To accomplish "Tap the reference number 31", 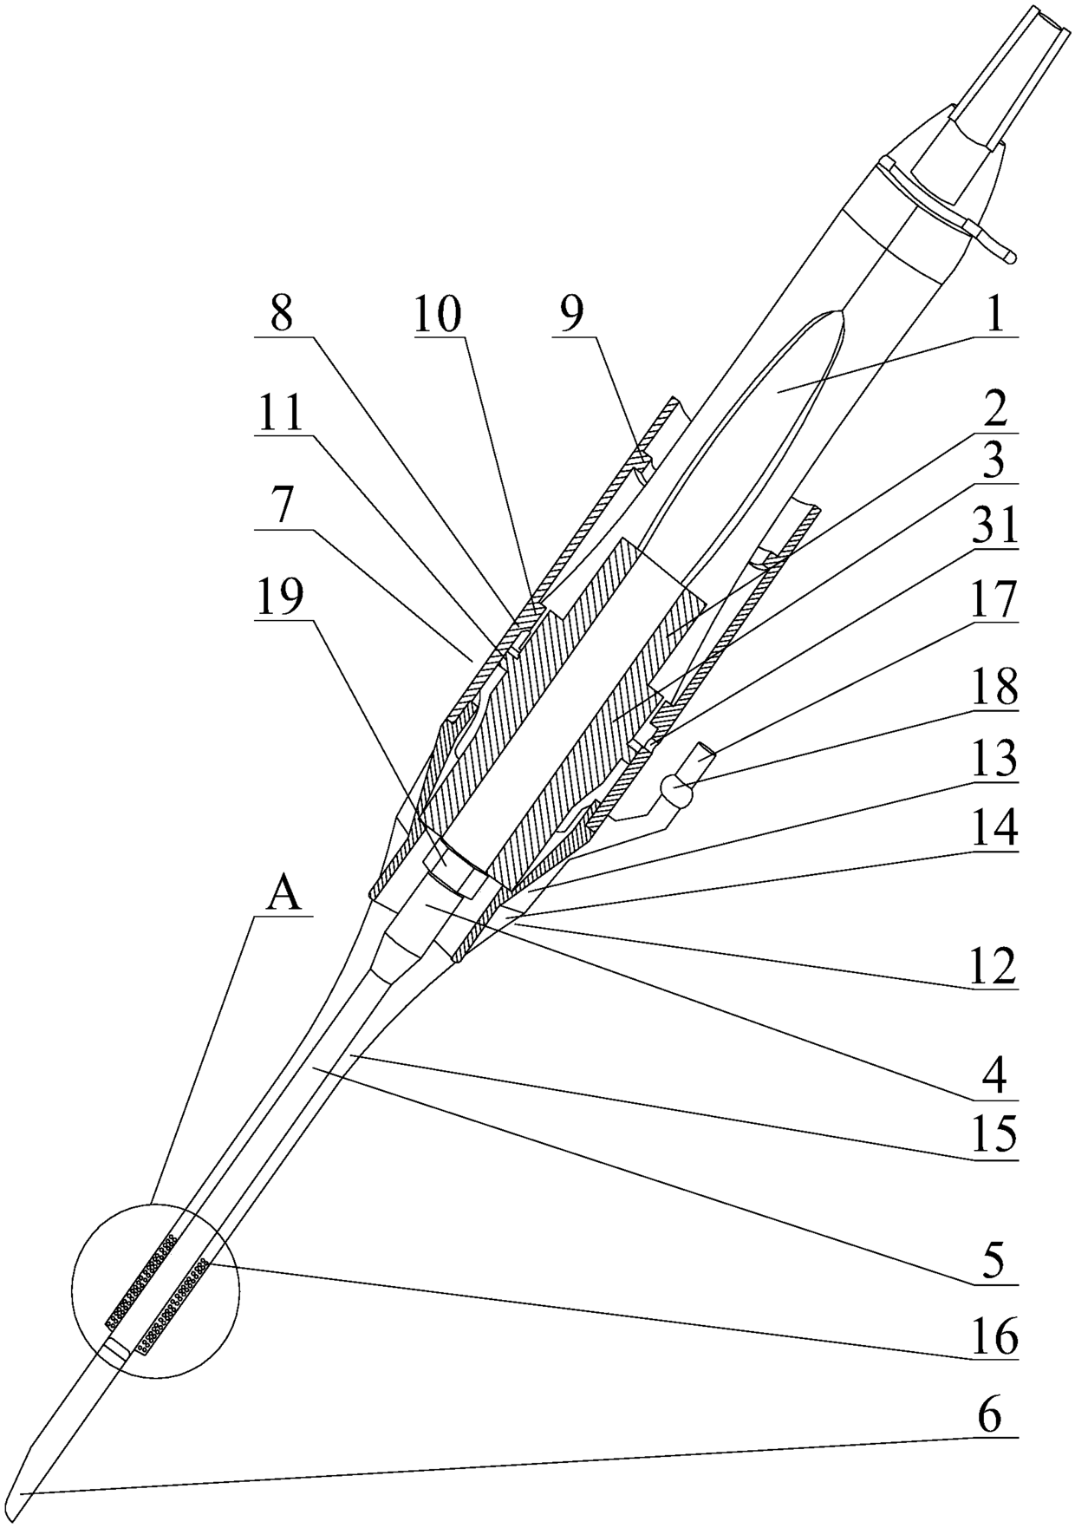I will click(x=994, y=526).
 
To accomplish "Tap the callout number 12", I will click(x=994, y=967).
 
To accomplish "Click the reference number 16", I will click(x=994, y=1336).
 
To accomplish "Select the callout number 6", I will click(x=990, y=1417).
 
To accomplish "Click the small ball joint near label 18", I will click(x=678, y=789).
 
